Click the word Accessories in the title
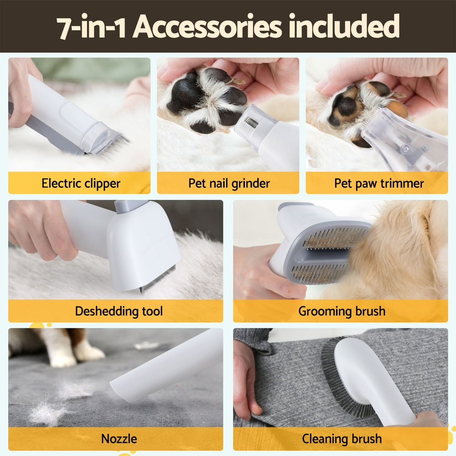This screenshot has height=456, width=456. click(208, 27)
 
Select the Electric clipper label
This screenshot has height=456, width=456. click(81, 183)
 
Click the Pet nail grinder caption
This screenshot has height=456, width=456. click(229, 183)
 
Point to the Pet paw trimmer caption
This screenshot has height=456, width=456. click(378, 183)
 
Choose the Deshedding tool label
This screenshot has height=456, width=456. click(119, 311)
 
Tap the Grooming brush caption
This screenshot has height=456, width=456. click(342, 311)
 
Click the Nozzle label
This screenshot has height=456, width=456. click(119, 439)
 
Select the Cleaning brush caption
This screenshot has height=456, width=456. click(342, 439)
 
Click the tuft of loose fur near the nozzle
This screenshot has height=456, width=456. click(48, 413)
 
